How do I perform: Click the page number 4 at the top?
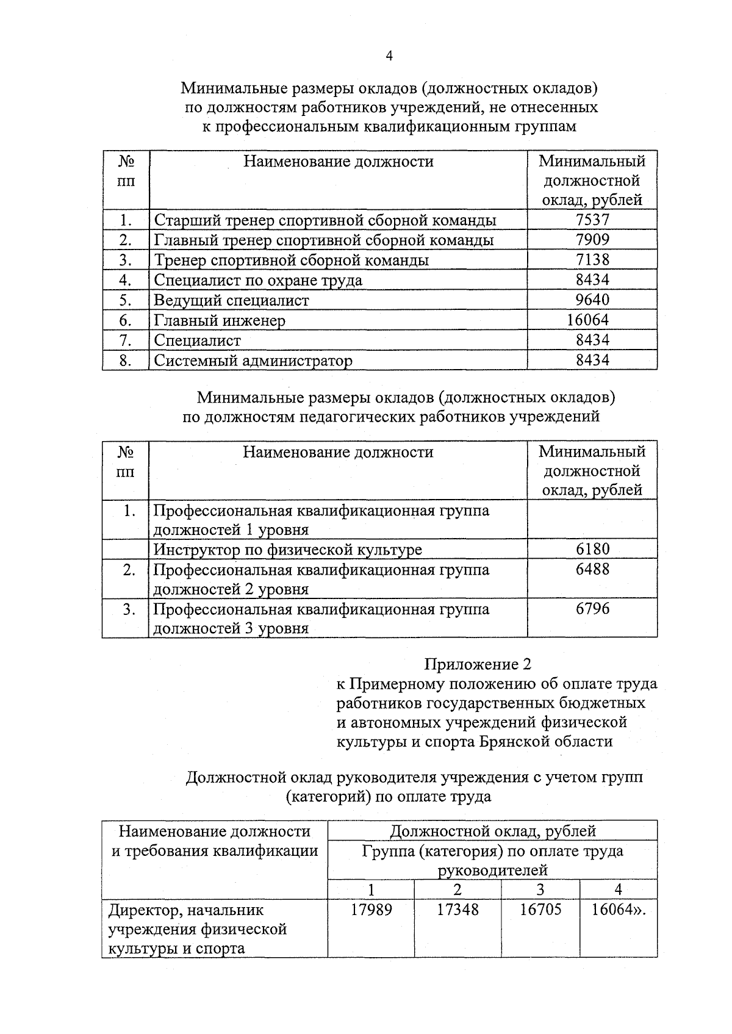389,56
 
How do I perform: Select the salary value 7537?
592,220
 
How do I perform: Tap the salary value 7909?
592,240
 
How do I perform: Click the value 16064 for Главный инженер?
587,320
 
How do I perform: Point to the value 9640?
592,300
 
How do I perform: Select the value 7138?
592,260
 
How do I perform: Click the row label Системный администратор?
253,361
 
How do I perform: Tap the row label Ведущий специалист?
231,300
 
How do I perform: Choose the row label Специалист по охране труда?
258,280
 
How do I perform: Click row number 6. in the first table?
126,320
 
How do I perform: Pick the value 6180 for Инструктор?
592,549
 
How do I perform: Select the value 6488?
592,569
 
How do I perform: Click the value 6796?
592,609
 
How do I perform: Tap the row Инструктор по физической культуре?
287,550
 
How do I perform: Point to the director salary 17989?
371,910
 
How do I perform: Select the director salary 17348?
457,910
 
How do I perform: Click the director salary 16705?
540,910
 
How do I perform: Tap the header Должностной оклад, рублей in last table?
492,831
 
